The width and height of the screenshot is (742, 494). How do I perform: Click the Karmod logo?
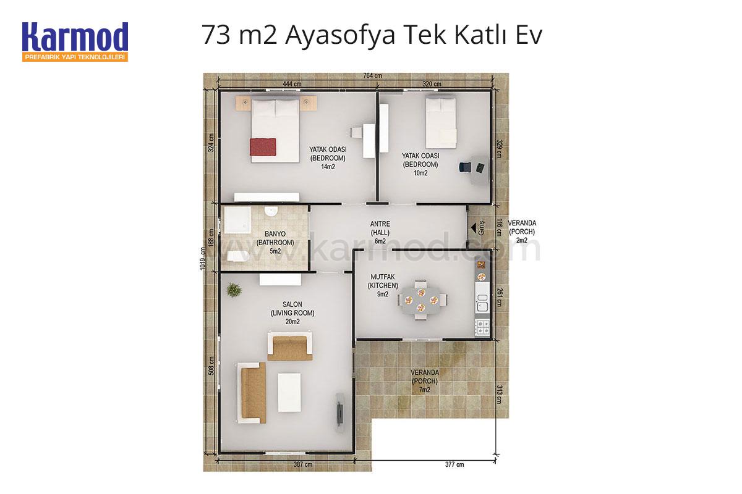coord(75,41)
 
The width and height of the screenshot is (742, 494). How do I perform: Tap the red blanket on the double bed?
coord(263,146)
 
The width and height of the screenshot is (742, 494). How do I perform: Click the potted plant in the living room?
coord(234,290)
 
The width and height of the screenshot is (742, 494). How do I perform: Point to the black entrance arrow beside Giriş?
coord(474,228)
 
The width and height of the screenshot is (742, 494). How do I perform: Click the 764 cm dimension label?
coord(372,76)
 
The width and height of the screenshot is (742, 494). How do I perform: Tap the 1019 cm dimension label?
coord(203,258)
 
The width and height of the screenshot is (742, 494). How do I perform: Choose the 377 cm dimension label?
coord(454,464)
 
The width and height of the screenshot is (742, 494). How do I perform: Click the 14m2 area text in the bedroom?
coord(328,167)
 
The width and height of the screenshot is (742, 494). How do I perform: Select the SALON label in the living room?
coord(292,304)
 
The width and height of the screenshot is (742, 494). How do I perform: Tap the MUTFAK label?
coord(383,277)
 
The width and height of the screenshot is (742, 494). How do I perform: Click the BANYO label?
coord(275,234)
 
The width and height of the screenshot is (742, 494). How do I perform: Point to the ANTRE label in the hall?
coord(380,224)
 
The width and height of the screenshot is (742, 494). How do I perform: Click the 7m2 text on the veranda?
coord(424,390)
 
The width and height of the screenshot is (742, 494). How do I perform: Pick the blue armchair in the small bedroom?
coord(465,167)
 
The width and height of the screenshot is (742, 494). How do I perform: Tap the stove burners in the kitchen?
coord(482,327)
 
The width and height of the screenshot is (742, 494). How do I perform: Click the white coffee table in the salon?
coord(289,392)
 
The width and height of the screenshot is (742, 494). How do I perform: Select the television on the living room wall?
coord(340,412)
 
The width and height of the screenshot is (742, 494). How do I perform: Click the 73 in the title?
coord(216,35)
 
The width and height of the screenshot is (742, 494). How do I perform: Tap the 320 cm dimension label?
coord(432,84)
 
